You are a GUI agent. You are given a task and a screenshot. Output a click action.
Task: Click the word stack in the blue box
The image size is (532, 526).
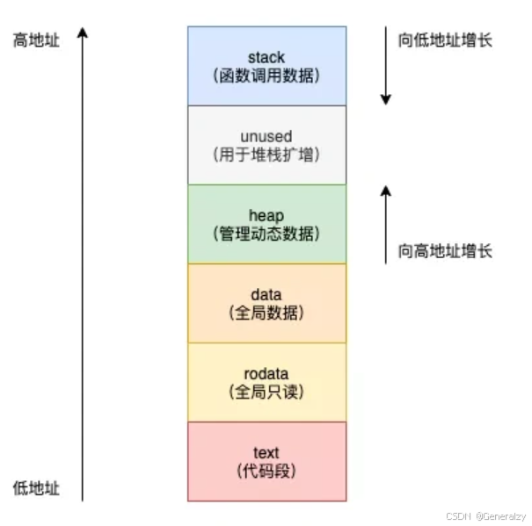[266, 58]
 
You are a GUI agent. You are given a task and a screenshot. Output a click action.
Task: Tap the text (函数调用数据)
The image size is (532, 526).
[266, 76]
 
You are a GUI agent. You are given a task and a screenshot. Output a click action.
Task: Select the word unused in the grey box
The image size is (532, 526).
[266, 137]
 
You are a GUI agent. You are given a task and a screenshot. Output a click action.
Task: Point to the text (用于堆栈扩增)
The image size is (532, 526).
[266, 155]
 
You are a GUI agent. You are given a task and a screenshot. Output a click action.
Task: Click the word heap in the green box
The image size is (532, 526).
[266, 216]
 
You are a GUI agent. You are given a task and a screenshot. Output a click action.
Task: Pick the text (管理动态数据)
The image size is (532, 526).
[266, 234]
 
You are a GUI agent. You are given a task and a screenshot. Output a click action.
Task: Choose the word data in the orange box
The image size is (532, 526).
[266, 295]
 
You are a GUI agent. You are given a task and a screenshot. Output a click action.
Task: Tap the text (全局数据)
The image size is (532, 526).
[266, 313]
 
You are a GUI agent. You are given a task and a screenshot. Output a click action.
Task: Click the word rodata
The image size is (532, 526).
[266, 374]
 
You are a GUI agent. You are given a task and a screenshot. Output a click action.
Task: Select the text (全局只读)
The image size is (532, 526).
[266, 392]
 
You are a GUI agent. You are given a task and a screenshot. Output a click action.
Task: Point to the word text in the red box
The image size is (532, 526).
[266, 453]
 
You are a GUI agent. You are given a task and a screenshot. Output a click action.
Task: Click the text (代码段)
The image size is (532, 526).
[266, 472]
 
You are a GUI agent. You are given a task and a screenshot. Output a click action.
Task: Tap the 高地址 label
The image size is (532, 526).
[36, 40]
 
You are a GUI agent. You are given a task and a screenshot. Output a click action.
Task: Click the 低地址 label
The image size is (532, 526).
[36, 488]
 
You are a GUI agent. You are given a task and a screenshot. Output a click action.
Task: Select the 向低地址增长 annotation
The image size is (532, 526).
[445, 40]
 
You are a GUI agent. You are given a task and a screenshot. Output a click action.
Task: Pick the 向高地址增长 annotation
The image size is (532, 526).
[445, 251]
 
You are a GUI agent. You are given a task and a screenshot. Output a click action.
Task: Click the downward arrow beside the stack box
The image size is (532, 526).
[385, 66]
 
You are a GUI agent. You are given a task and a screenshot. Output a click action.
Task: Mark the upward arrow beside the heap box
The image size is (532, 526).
[385, 224]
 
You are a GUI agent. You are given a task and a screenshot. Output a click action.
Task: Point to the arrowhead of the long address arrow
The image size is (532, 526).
[83, 32]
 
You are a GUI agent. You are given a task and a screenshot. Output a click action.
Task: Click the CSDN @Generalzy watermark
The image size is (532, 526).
[485, 515]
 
